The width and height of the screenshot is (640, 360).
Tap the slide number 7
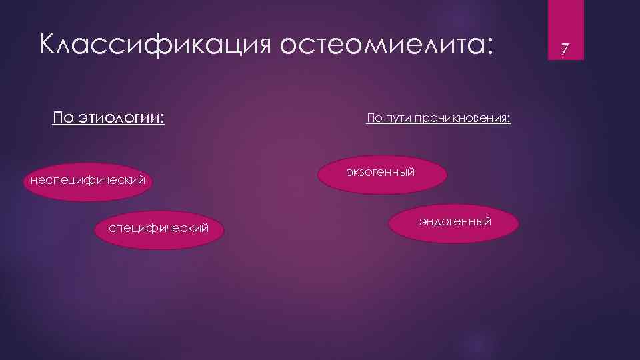(565, 49)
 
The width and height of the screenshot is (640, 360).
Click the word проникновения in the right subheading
(459, 119)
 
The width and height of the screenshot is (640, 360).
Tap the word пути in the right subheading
(397, 119)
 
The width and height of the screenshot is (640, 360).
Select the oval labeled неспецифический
(87, 181)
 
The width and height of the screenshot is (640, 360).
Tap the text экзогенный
(381, 172)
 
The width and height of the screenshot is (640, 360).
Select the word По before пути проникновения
(374, 119)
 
